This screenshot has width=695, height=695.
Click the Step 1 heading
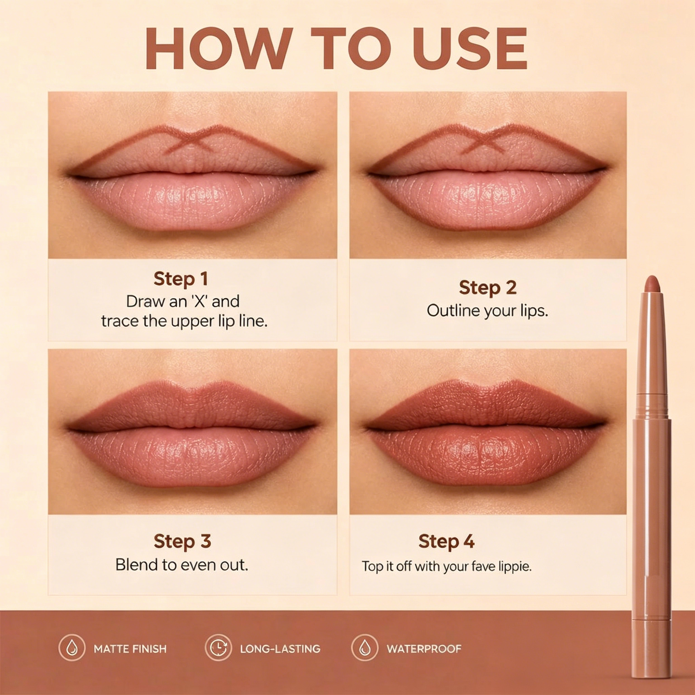tap(181, 279)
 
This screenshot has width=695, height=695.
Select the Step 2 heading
tap(487, 288)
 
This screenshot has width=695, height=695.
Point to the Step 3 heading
tap(182, 541)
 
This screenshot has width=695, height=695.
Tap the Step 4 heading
tap(446, 541)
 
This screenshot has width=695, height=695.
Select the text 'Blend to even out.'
tap(182, 565)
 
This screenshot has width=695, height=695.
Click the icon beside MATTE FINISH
tap(72, 649)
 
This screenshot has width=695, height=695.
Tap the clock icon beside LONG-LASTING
tap(218, 649)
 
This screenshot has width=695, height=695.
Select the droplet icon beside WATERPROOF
tap(365, 649)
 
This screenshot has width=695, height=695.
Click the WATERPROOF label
tap(424, 649)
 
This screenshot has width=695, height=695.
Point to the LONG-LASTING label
tap(280, 649)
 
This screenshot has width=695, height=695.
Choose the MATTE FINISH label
tap(130, 649)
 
